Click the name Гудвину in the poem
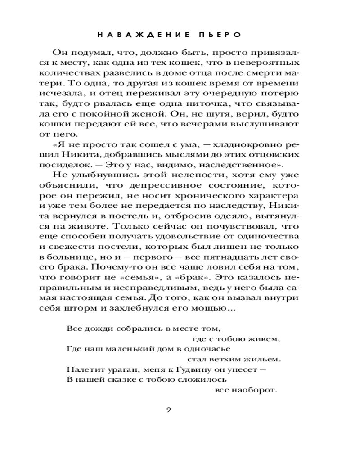click(x=180, y=369)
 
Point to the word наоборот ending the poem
click(x=254, y=390)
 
